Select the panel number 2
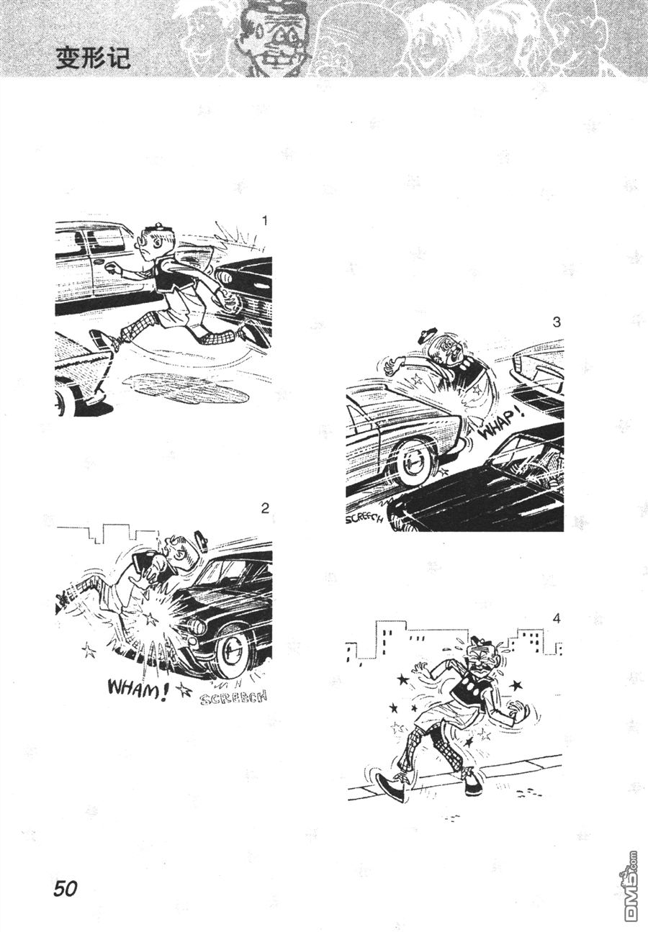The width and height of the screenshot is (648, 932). [265, 508]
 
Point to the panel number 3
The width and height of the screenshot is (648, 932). [557, 322]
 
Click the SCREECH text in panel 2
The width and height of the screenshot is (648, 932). [233, 697]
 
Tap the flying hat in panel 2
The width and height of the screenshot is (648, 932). [202, 541]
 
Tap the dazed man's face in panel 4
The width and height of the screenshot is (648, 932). [484, 661]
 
